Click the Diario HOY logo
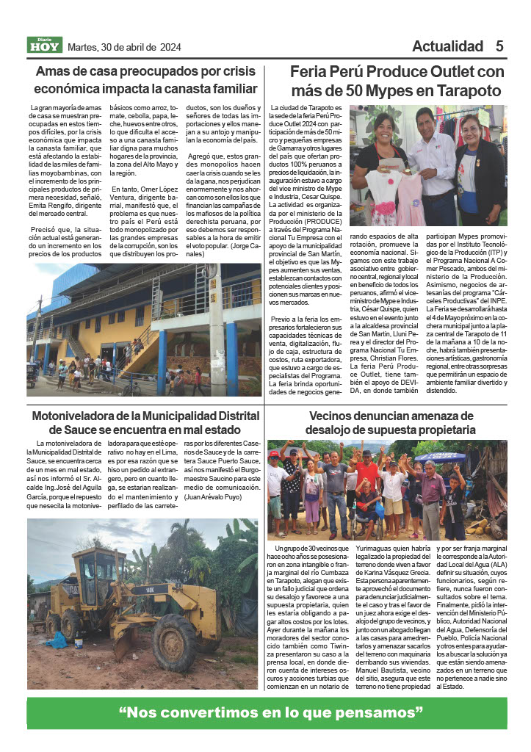tap(45, 46)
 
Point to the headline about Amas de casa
tap(145, 81)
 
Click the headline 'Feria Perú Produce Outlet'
tap(397, 81)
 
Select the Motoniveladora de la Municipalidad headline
tap(145, 422)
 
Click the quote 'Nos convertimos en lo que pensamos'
tap(271, 712)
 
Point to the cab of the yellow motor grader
tap(98, 573)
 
